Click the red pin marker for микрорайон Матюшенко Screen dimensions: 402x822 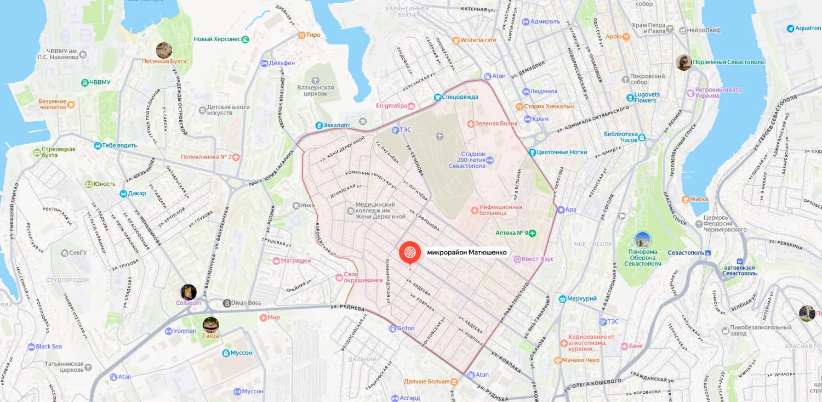tap(410, 253)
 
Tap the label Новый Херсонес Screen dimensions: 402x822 tap(217, 39)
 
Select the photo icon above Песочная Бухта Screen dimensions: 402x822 tap(164, 50)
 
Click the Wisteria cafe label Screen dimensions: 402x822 tap(478, 40)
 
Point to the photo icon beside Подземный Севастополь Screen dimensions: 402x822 tap(683, 62)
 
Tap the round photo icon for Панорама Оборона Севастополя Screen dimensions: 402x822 tap(642, 240)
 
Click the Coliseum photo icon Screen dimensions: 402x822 tap(189, 292)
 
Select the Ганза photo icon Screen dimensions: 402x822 tap(210, 325)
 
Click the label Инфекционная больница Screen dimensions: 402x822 tap(501, 211)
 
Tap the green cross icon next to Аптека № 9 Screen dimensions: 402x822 tap(532, 233)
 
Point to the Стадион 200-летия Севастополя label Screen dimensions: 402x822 tap(467, 160)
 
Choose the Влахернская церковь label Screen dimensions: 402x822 tap(316, 90)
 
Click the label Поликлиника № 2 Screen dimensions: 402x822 tap(207, 157)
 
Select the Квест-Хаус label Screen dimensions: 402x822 tap(537, 259)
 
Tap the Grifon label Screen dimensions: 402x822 tap(406, 329)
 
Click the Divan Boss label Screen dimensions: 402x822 tap(246, 303)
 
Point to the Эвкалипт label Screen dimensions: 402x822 tap(336, 125)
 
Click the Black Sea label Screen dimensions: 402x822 tap(49, 347)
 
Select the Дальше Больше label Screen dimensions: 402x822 tap(427, 381)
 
